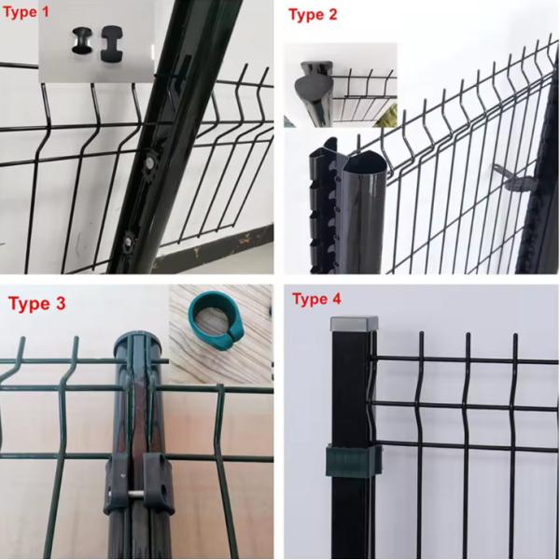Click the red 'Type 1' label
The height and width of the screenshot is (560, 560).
coord(26,12)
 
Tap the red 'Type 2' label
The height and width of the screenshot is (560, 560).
coord(313,15)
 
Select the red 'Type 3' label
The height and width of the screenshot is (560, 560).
coord(37,303)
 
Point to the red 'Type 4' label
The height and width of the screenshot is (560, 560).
coord(316,299)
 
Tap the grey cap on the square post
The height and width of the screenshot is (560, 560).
coord(355,324)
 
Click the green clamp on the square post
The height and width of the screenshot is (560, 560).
coord(354,461)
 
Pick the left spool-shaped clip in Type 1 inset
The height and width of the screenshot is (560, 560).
coord(82,41)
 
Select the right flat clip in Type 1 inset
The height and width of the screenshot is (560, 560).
coord(112,43)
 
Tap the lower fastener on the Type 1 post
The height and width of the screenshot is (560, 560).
coord(129,242)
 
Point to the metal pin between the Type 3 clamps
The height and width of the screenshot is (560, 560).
coord(136,494)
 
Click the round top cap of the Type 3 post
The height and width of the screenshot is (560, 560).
coord(137,341)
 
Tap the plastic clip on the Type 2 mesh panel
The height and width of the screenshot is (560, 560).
coord(514,177)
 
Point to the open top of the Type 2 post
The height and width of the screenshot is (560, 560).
coord(365,161)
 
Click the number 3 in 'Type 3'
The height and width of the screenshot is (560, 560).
coord(60,303)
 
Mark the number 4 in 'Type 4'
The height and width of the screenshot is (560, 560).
coord(336,299)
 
